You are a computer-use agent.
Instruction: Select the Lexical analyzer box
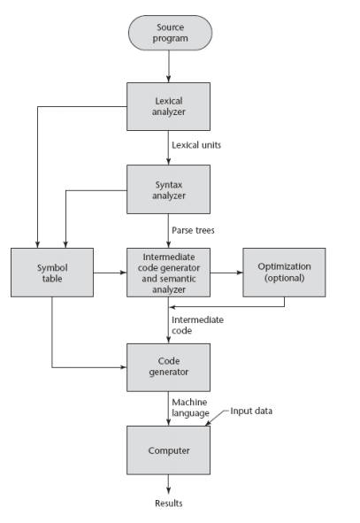pyautogui.click(x=168, y=107)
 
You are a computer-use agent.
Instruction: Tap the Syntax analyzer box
pyautogui.click(x=168, y=188)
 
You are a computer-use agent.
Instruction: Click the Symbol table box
pyautogui.click(x=52, y=273)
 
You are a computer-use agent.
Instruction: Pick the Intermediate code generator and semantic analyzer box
pyautogui.click(x=168, y=273)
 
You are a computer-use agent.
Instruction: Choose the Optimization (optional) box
pyautogui.click(x=284, y=273)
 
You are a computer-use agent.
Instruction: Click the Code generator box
pyautogui.click(x=168, y=367)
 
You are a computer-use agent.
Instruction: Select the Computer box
pyautogui.click(x=168, y=450)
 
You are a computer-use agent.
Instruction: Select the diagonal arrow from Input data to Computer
pyautogui.click(x=218, y=419)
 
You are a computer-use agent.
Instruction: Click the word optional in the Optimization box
pyautogui.click(x=284, y=279)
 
